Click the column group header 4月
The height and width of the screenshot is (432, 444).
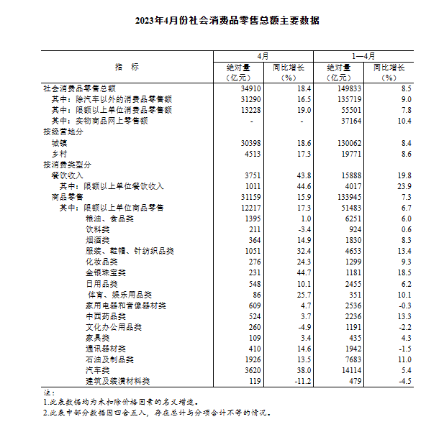tap(263, 56)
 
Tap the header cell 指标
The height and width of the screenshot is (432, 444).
tap(127, 67)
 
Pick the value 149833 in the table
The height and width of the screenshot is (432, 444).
tap(341, 88)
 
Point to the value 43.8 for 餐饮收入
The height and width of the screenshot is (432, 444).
tap(302, 175)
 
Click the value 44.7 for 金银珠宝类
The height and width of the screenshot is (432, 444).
tap(302, 273)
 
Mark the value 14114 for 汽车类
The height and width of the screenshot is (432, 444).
tap(343, 370)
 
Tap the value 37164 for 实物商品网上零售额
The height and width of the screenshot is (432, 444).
tap(343, 121)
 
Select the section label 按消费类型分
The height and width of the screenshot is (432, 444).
tap(68, 165)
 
